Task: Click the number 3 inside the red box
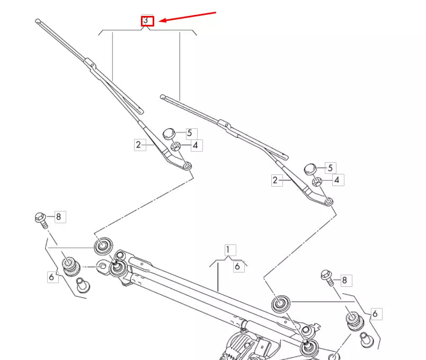click(x=146, y=20)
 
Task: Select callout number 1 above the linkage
click(x=228, y=250)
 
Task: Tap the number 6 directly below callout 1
click(x=237, y=266)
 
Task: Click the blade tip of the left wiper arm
click(x=38, y=21)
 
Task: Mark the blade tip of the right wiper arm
click(x=163, y=96)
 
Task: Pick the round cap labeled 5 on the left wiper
click(x=169, y=134)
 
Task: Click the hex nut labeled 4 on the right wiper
click(x=317, y=182)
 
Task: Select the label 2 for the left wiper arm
click(x=139, y=145)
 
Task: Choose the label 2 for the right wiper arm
click(x=275, y=180)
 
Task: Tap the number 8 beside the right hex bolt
click(x=344, y=280)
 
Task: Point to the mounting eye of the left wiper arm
click(x=187, y=165)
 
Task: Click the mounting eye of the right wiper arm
click(x=329, y=201)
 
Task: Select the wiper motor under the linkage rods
click(x=247, y=347)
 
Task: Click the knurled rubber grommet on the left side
click(x=71, y=267)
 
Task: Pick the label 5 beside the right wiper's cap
click(x=331, y=168)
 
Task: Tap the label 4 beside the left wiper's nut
click(x=195, y=145)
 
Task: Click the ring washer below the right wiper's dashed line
click(x=281, y=303)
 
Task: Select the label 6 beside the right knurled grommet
click(x=375, y=314)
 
